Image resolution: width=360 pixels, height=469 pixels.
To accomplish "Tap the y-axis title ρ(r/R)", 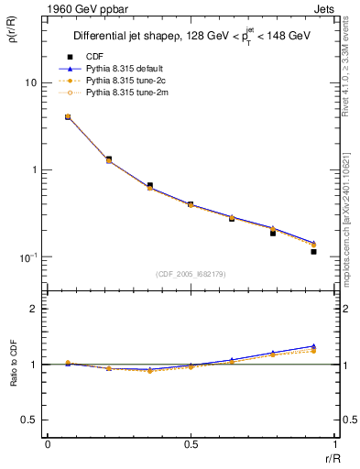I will (12, 32).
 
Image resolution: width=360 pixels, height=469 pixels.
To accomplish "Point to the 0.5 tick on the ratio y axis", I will (30, 420).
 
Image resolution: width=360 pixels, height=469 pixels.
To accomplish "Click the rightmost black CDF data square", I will (313, 251).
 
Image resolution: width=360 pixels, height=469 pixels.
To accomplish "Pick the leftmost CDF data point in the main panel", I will (68, 117).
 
